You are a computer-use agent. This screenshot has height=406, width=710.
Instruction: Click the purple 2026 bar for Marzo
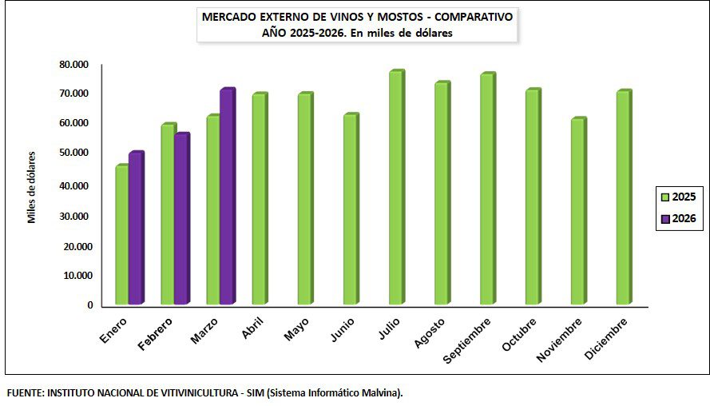[x=227, y=197]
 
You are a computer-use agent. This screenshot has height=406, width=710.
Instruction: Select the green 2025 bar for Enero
[x=122, y=235]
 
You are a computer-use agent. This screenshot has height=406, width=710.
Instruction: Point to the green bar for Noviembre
[x=578, y=212]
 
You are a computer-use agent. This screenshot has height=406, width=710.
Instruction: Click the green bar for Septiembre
[x=487, y=189]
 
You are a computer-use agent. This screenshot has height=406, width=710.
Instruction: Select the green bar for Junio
[x=350, y=209]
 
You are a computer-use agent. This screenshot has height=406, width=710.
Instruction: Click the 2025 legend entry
[x=677, y=197]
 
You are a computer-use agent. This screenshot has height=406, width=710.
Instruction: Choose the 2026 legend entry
[x=677, y=218]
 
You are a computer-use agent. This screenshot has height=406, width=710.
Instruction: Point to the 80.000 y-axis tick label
[x=73, y=64]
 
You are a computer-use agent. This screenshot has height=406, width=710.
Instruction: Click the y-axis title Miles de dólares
[x=33, y=187]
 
